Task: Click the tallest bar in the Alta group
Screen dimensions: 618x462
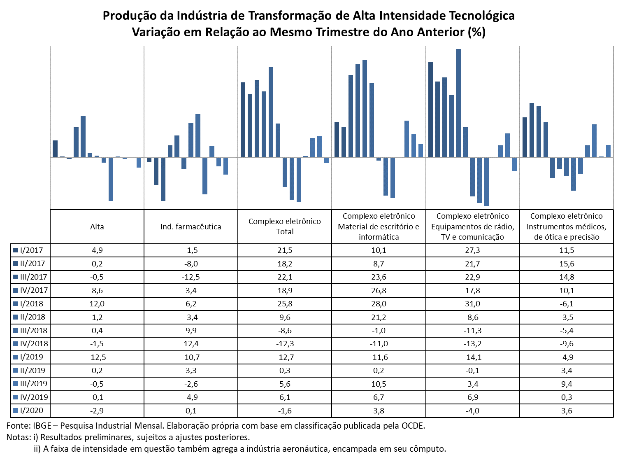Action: [x=83, y=136]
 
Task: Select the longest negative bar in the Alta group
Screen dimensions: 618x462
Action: [x=111, y=179]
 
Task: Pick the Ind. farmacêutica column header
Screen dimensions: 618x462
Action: [x=191, y=227]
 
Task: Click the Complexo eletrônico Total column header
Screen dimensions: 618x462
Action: [x=284, y=226]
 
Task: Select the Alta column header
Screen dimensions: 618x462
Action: [x=97, y=227]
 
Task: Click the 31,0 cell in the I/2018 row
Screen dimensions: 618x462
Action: [x=472, y=304]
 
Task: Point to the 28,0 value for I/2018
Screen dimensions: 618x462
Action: [x=379, y=304]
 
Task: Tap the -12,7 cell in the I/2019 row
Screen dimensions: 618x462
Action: [x=284, y=357]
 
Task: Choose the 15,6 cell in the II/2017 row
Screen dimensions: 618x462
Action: [x=566, y=264]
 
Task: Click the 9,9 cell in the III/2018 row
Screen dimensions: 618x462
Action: [x=191, y=331]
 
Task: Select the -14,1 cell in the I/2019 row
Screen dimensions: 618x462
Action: [x=472, y=357]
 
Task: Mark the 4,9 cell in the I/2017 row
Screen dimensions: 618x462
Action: [x=97, y=250]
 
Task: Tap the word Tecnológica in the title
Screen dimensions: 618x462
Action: [x=481, y=16]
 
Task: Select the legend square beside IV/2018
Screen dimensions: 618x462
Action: [x=16, y=344]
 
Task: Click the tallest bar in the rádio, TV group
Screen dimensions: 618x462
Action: [x=458, y=103]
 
